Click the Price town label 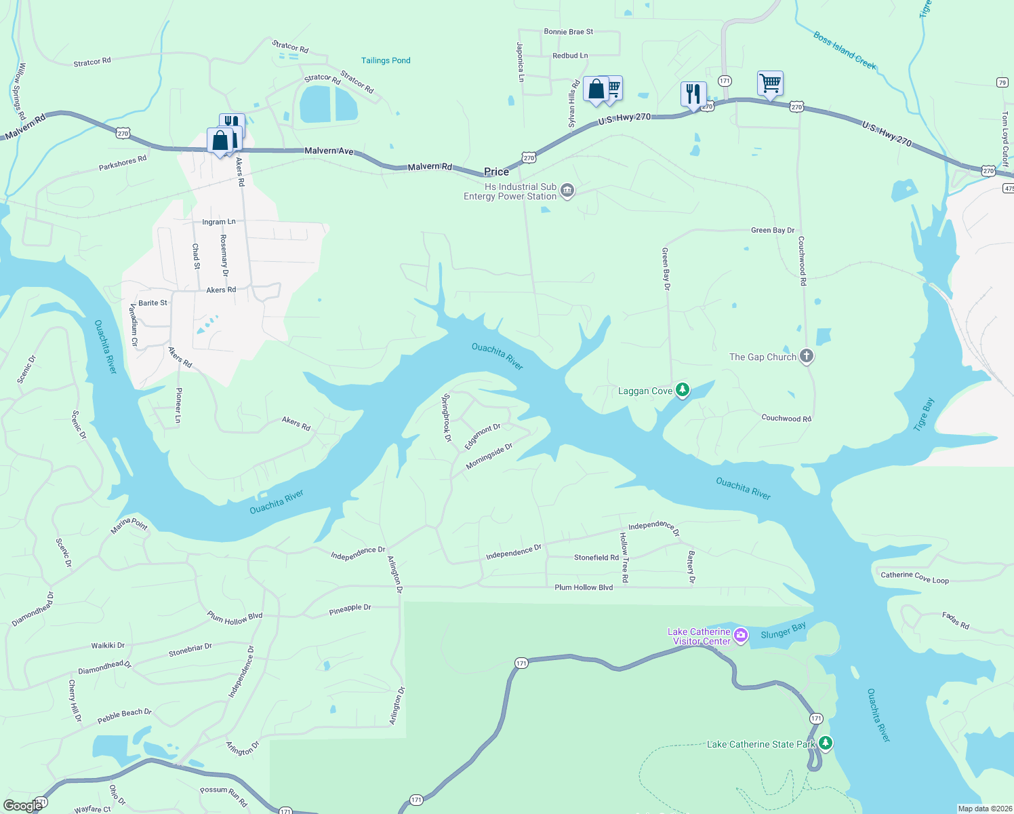click(x=496, y=172)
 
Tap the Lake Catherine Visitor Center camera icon click(x=741, y=636)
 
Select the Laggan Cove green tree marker click(x=683, y=390)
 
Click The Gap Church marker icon click(x=806, y=355)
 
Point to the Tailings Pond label click(x=386, y=60)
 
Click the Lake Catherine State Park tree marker click(x=825, y=743)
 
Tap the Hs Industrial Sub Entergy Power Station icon click(x=567, y=191)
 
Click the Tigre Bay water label click(x=924, y=414)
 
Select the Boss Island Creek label click(x=845, y=50)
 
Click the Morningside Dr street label click(x=489, y=457)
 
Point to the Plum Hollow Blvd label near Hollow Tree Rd click(x=584, y=587)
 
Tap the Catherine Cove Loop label click(x=914, y=577)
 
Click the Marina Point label click(x=129, y=525)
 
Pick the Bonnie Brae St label click(x=568, y=32)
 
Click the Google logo click(x=22, y=805)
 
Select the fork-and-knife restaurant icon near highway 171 click(x=693, y=93)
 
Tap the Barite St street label click(x=153, y=303)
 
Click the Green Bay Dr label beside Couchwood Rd click(x=772, y=231)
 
